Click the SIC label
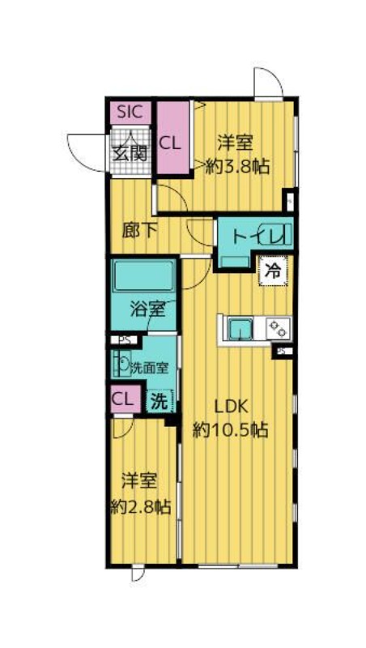pyautogui.click(x=130, y=112)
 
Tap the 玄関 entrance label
pyautogui.click(x=130, y=151)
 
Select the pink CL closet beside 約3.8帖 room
pyautogui.click(x=171, y=143)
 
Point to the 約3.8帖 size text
pyautogui.click(x=236, y=165)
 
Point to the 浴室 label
pyautogui.click(x=148, y=309)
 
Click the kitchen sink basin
pyautogui.click(x=240, y=328)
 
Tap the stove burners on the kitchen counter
pyautogui.click(x=277, y=328)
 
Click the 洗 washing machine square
pyautogui.click(x=160, y=400)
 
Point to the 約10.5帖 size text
pyautogui.click(x=230, y=430)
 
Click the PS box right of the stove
pyautogui.click(x=283, y=351)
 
